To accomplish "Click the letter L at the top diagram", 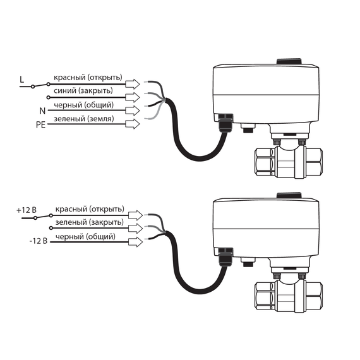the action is [x=22, y=80].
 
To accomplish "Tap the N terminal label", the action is [x=42, y=111].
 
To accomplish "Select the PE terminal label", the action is [x=40, y=124].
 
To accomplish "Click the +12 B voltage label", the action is [x=27, y=210].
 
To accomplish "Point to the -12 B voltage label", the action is [x=39, y=241].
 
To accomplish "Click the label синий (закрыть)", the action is [x=83, y=91].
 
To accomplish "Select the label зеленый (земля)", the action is [x=84, y=119].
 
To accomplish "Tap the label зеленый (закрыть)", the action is [x=90, y=222].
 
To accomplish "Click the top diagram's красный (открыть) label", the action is [x=88, y=78].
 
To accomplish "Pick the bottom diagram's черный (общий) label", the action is [x=85, y=236].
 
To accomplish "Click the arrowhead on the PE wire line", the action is [x=133, y=124].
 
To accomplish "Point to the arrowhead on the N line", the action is [x=133, y=111].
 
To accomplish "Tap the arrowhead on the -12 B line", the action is [x=136, y=242].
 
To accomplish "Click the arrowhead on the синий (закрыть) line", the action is [x=133, y=97].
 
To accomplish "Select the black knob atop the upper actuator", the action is [x=289, y=61].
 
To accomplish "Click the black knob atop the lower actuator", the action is [x=289, y=195].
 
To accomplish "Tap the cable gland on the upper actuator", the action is [x=225, y=123].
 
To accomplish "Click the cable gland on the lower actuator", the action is [x=225, y=256].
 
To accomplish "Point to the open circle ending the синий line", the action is [x=48, y=97].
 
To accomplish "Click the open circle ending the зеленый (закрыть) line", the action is [x=51, y=228].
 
